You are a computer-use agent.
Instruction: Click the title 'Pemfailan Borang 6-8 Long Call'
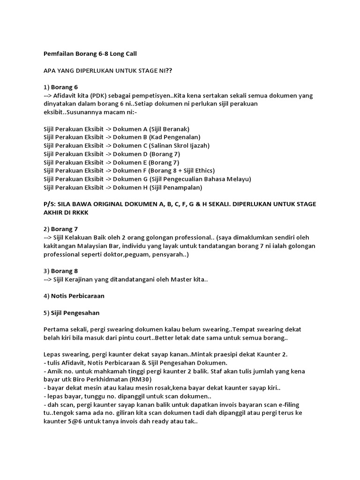click(x=90, y=54)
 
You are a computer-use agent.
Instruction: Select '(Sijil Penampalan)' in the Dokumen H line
click(x=176, y=187)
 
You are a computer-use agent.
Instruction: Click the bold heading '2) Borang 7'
click(x=61, y=229)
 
